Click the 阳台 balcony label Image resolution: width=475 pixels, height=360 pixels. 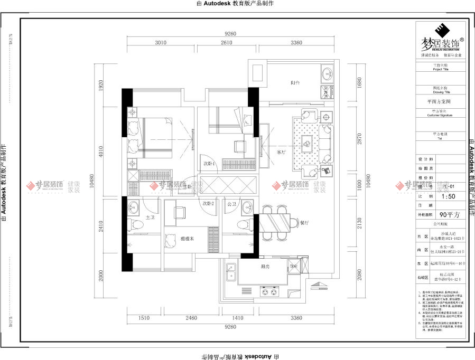tap(295, 83)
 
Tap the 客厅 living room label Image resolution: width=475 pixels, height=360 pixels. tap(281, 152)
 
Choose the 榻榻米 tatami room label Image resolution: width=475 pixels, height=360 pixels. tap(189, 239)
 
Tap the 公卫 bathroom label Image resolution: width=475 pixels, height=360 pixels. tap(231, 203)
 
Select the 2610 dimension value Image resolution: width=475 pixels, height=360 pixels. tap(226, 43)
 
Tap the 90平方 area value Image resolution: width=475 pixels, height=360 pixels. tap(451, 215)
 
